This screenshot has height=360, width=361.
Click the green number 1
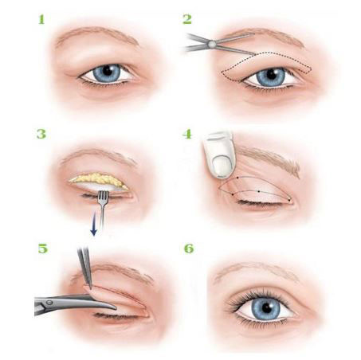41,19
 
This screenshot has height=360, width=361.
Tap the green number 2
187,19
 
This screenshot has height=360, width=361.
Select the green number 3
41,134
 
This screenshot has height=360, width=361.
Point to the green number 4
187,134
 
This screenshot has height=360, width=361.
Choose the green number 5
43,248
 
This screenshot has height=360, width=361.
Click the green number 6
189,248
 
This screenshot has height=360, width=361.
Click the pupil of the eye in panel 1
108,71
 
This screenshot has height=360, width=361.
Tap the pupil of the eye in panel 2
271,75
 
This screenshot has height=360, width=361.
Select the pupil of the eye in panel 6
267,307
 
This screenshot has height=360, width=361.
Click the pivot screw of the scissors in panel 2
212,44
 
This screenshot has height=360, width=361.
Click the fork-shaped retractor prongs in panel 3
104,198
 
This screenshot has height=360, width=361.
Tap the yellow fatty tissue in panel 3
99,179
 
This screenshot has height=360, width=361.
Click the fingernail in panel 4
222,166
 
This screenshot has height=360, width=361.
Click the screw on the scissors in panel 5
49,302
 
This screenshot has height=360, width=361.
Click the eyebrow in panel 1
98,35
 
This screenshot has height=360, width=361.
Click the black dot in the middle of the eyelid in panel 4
259,191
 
